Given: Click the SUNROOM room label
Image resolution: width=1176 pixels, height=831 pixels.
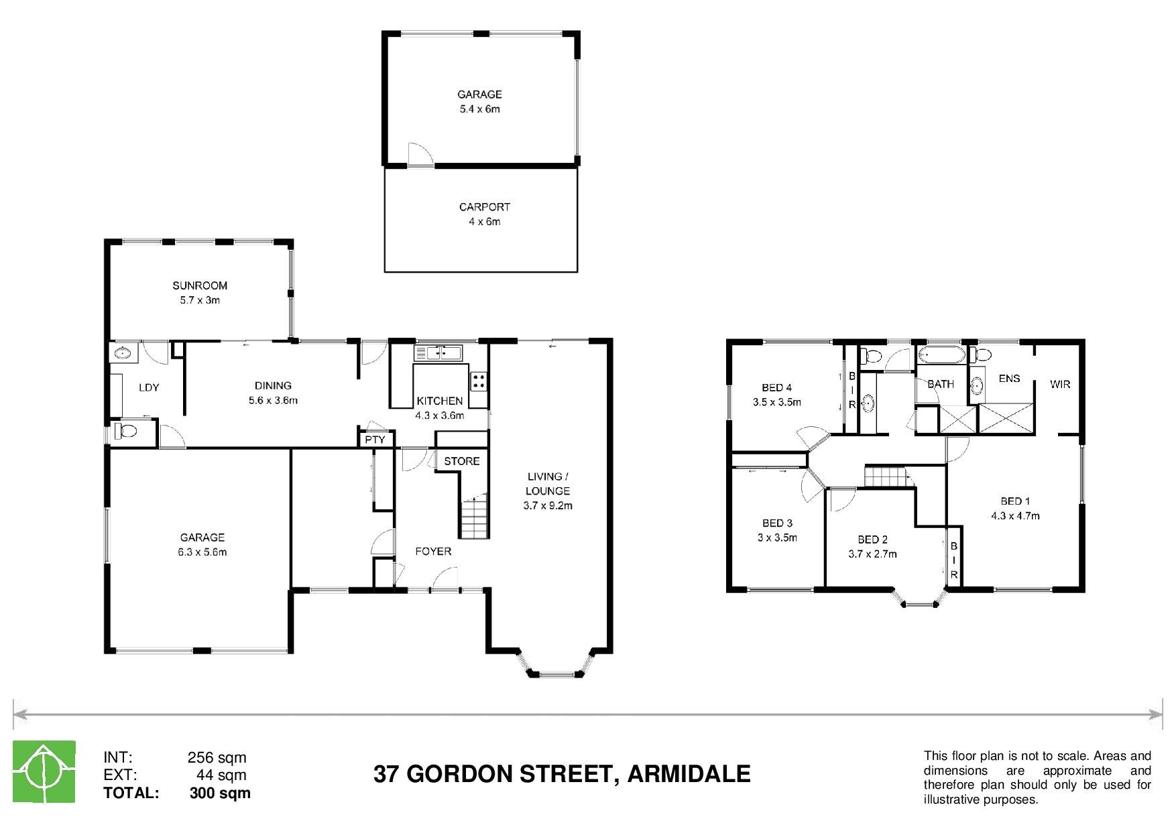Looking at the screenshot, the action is [200, 285].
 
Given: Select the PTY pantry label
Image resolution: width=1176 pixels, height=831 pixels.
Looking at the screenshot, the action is [375, 440].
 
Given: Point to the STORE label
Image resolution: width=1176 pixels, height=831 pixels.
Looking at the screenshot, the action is [462, 461].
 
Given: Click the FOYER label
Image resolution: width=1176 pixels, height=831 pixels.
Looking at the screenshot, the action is [433, 552].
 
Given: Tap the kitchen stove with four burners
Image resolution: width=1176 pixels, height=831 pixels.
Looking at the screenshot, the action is [479, 381].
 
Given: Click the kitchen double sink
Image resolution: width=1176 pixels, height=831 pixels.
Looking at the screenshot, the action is [438, 353].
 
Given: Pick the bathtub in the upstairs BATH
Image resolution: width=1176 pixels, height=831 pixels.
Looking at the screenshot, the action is [941, 355].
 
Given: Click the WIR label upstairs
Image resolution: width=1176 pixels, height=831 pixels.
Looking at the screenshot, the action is [1060, 384].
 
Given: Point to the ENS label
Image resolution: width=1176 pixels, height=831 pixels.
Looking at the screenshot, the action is [1009, 379].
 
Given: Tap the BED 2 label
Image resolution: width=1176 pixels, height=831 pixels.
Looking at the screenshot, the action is [872, 539].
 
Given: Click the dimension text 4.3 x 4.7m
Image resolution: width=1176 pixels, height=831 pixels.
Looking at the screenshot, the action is [1015, 516].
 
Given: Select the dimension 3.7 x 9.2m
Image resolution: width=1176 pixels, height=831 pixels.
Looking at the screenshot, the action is [548, 506].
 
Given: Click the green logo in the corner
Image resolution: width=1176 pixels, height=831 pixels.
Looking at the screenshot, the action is [44, 771].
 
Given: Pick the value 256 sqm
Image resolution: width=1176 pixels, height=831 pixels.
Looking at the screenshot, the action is [217, 758].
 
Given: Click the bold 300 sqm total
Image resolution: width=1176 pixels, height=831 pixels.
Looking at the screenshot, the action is [221, 793].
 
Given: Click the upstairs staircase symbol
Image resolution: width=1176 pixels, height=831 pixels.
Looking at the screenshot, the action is [886, 478].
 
